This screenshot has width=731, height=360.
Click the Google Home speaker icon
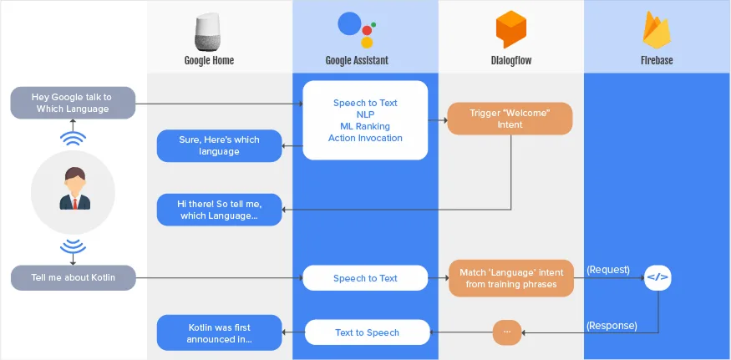click(209, 32)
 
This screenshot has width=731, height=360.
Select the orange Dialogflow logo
click(510, 30)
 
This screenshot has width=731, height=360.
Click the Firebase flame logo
click(657, 30)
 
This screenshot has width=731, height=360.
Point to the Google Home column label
click(209, 60)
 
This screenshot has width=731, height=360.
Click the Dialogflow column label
click(510, 60)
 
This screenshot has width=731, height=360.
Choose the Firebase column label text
click(657, 60)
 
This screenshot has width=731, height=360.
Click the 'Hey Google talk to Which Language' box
click(73, 103)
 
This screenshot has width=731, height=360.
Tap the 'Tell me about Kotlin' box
click(73, 277)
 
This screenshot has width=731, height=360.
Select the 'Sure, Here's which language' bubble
click(219, 145)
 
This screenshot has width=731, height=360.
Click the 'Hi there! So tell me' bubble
click(219, 210)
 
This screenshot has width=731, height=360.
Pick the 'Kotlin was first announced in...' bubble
click(219, 332)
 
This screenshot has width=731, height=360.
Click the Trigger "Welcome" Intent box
click(510, 119)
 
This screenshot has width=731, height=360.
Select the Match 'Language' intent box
click(511, 278)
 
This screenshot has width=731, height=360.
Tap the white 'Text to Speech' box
click(367, 332)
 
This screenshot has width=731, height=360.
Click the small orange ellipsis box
click(506, 332)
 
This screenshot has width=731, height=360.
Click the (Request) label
click(609, 270)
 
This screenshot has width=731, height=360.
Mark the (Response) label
click(612, 325)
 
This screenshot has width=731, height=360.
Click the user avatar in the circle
click(73, 190)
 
